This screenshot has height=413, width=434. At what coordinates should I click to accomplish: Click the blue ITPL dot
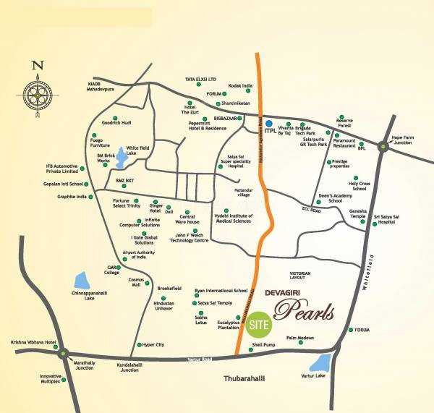coord(268,124)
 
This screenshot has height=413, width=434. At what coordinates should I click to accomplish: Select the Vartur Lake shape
coord(320,363)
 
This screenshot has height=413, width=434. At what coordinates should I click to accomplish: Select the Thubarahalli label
coord(242,378)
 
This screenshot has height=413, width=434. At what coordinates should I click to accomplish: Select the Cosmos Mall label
coord(136,282)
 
